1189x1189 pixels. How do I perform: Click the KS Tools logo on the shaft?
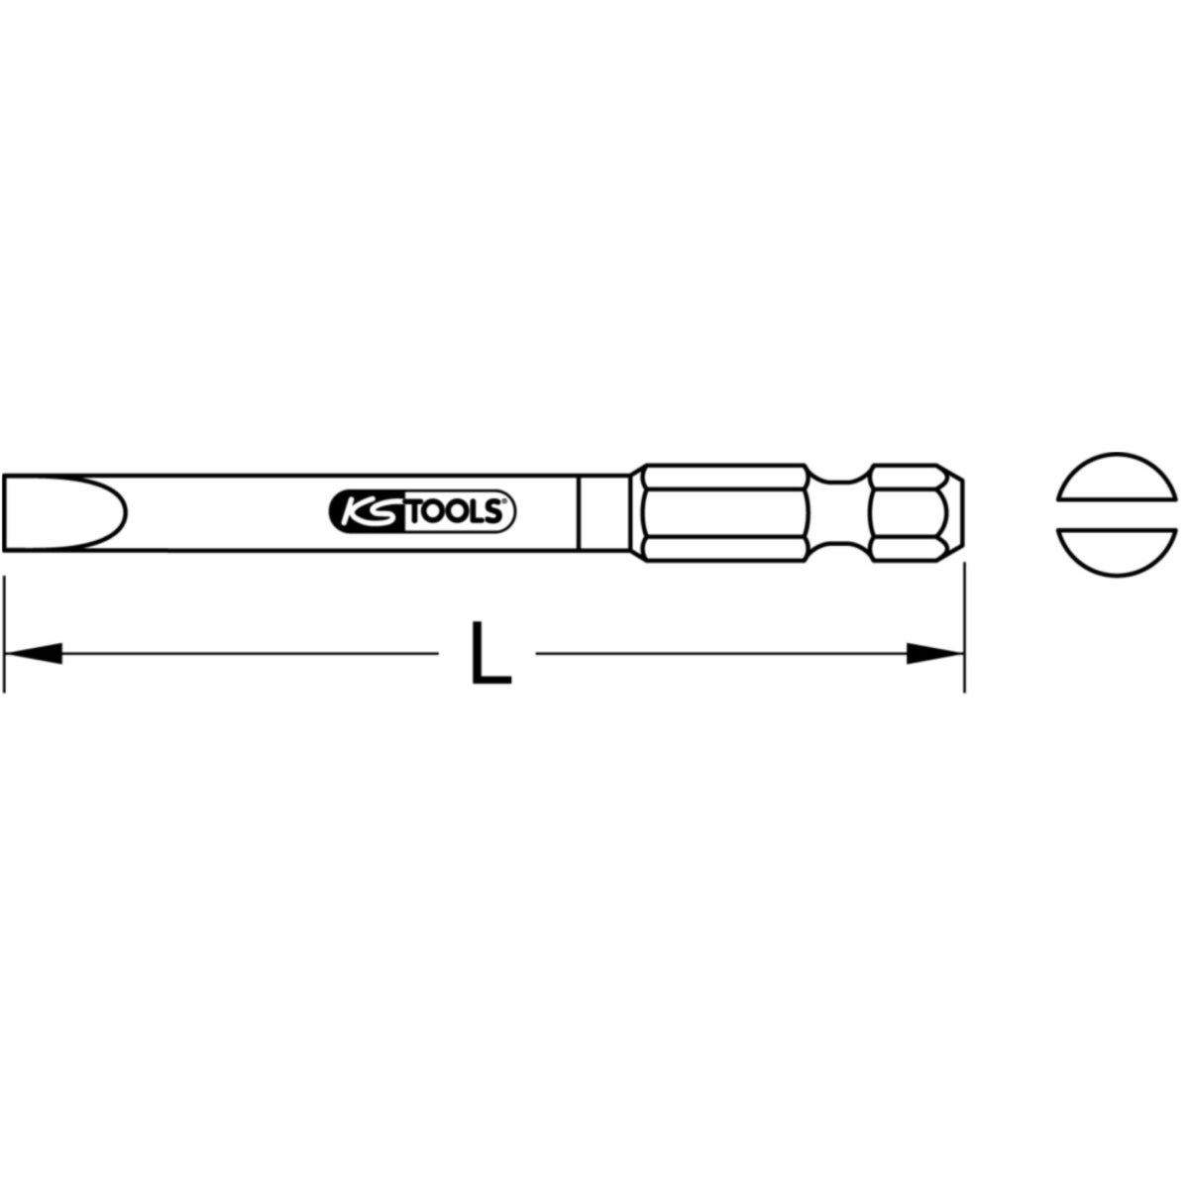(423, 511)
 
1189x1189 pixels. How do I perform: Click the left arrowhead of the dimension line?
(34, 653)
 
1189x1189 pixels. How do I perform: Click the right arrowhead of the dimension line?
(934, 653)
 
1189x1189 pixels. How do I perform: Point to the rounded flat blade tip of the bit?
(64, 512)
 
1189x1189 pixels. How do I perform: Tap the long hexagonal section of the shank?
(725, 512)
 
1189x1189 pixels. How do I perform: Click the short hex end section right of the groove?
(907, 512)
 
